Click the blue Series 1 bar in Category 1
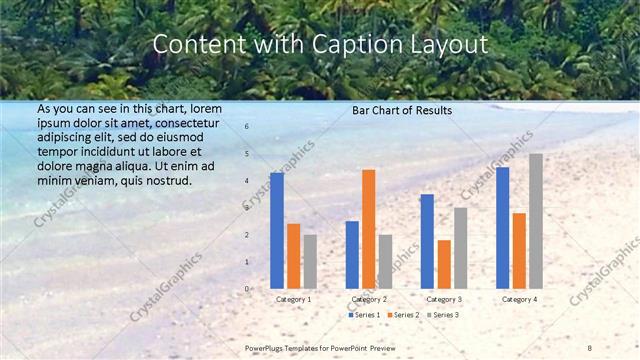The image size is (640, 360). (277, 231)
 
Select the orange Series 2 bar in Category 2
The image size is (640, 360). (369, 229)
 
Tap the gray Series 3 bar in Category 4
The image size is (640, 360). (536, 221)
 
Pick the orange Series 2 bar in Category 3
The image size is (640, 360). (444, 264)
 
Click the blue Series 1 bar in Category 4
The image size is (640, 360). (502, 228)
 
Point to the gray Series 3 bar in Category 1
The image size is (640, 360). (310, 262)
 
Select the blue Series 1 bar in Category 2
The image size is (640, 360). (352, 255)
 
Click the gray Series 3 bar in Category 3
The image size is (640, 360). (461, 248)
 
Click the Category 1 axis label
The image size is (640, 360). (294, 299)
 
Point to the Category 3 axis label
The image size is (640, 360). (444, 299)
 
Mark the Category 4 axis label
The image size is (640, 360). (519, 299)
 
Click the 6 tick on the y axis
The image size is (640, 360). (247, 127)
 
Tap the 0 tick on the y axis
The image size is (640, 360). (247, 289)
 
